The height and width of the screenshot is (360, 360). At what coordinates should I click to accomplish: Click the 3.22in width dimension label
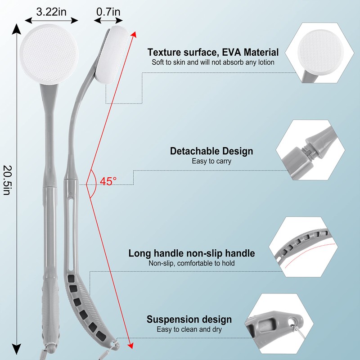click(51, 12)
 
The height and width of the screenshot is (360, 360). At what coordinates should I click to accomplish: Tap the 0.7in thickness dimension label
click(108, 12)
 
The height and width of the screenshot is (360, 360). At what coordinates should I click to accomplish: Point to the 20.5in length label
click(7, 180)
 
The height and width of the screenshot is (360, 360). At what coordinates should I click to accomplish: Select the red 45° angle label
click(108, 181)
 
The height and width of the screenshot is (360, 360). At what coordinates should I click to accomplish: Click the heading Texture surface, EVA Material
click(213, 52)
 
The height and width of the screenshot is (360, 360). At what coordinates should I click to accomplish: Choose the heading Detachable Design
click(211, 151)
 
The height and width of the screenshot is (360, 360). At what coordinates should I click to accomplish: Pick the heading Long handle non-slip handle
click(192, 253)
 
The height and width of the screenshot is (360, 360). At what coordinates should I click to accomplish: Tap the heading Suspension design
click(189, 319)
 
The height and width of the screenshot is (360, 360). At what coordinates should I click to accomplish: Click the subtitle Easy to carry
click(211, 161)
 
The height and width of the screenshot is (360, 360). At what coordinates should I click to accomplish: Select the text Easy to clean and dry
click(189, 329)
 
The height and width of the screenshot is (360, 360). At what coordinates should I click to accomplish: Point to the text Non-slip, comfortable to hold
click(192, 263)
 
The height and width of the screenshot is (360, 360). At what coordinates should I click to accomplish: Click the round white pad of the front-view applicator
click(49, 54)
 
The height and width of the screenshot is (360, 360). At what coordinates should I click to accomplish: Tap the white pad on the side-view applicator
click(112, 54)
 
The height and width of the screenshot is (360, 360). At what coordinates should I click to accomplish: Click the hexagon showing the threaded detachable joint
click(310, 150)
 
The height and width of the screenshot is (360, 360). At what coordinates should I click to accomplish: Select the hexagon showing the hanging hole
click(279, 323)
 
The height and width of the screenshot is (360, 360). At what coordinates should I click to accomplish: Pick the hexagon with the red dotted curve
click(303, 247)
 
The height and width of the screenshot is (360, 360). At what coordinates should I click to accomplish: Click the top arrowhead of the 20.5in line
click(16, 29)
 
